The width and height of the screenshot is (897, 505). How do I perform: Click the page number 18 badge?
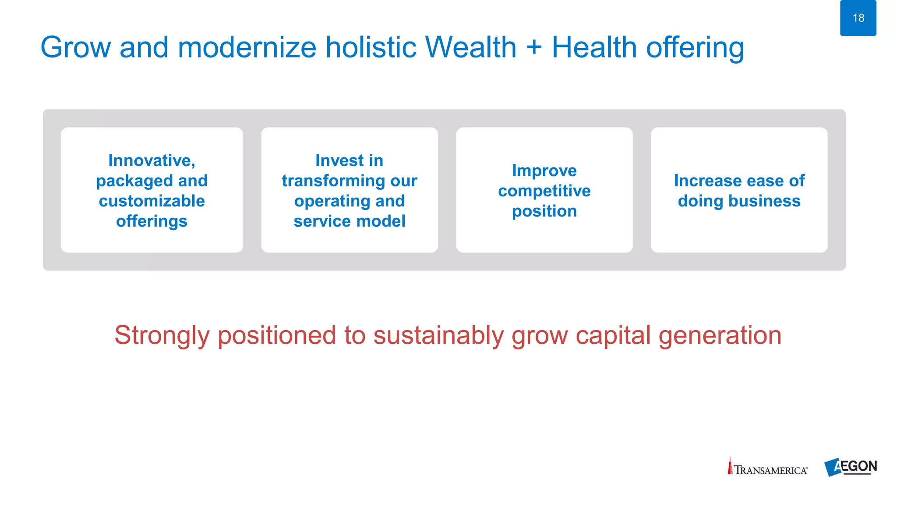(x=858, y=18)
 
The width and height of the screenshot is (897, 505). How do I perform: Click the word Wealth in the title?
(x=471, y=47)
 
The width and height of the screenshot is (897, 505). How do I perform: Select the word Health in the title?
(x=594, y=47)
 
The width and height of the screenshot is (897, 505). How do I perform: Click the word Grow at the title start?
(x=75, y=47)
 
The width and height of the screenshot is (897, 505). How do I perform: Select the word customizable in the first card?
(x=152, y=201)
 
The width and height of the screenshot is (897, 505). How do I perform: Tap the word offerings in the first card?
(x=152, y=221)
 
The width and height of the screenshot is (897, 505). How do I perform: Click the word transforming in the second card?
(x=334, y=181)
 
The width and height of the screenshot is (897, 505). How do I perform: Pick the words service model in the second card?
(x=349, y=221)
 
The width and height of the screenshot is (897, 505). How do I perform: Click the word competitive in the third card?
(x=544, y=191)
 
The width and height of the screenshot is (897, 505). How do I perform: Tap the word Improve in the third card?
(x=544, y=171)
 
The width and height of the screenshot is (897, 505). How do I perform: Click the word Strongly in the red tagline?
(x=162, y=336)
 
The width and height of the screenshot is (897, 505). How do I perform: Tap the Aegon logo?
(x=850, y=467)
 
